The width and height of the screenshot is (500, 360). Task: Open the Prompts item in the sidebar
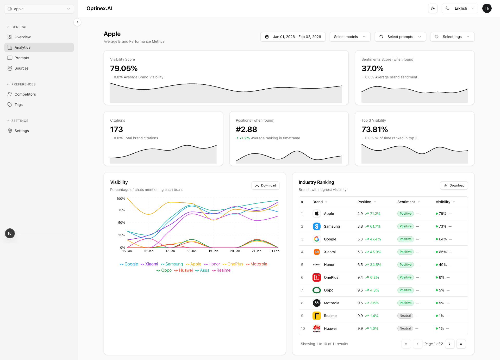tap(22, 58)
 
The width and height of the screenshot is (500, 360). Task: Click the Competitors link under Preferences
tap(25, 94)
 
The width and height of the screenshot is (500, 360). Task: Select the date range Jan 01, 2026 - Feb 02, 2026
tap(293, 37)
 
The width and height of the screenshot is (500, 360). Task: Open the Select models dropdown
tap(349, 37)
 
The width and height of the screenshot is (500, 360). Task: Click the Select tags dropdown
tap(452, 37)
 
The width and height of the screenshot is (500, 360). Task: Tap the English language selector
tap(460, 8)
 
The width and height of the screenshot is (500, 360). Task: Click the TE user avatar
tap(487, 8)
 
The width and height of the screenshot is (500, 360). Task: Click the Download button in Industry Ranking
tap(454, 185)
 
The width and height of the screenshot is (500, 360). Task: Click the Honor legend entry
tap(212, 264)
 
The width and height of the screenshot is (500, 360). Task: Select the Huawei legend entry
tap(184, 270)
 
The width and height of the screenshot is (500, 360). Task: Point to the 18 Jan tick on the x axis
tap(192, 251)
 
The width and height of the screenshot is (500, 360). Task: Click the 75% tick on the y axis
tap(121, 210)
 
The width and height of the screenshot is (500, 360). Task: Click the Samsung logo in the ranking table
tap(316, 226)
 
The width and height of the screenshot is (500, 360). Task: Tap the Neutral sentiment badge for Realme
tap(405, 316)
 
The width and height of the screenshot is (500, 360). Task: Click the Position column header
tap(364, 202)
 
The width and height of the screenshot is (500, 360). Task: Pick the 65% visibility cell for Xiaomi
tap(442, 252)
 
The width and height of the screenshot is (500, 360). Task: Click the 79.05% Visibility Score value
tap(124, 69)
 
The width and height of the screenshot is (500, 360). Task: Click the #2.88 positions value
tap(246, 129)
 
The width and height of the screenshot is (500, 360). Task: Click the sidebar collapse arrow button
tap(77, 22)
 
